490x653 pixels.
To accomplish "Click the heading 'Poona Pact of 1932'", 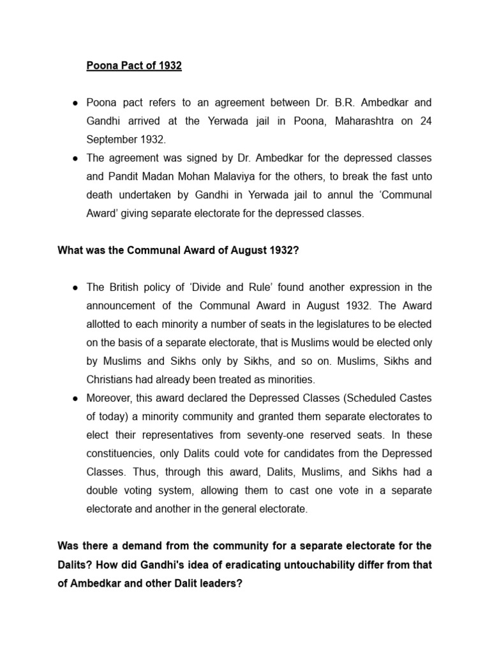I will pyautogui.click(x=134, y=66).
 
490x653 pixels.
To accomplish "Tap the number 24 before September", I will pyautogui.click(x=426, y=121).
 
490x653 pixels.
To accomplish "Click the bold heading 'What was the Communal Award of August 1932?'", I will pyautogui.click(x=178, y=251).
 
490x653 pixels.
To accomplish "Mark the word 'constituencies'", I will pyautogui.click(x=121, y=454).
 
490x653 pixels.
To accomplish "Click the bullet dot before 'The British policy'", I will pyautogui.click(x=75, y=288).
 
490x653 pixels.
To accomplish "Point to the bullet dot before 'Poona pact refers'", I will pyautogui.click(x=75, y=103).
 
